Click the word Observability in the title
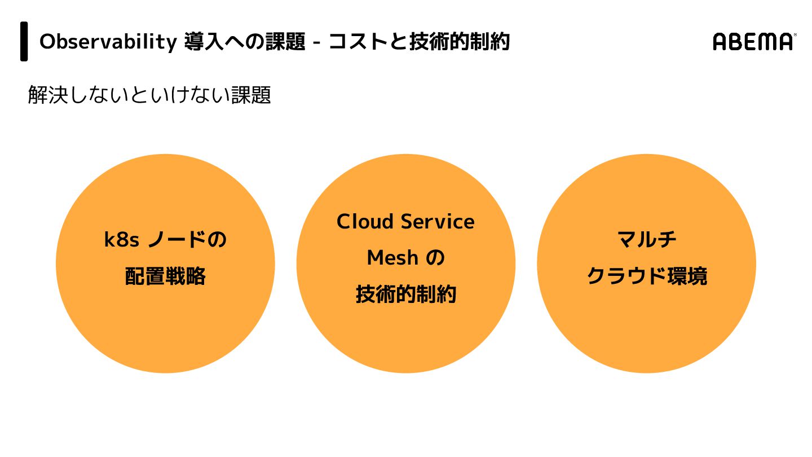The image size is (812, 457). (108, 42)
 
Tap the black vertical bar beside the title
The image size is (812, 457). (24, 41)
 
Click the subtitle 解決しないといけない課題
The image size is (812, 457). (149, 95)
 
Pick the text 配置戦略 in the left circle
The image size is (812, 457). (165, 276)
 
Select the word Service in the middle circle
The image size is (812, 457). (441, 222)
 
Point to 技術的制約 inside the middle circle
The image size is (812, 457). (405, 295)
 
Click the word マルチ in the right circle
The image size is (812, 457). (647, 240)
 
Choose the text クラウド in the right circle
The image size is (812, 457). (620, 276)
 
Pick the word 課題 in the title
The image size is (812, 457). (285, 42)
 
